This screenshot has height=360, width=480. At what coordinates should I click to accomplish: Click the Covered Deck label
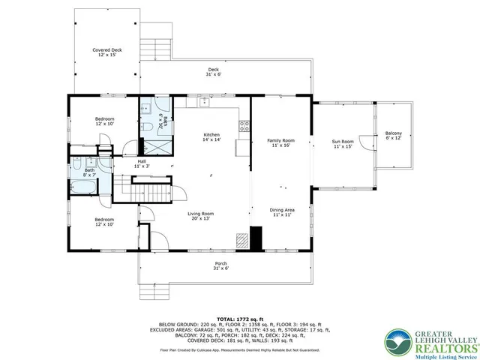coord(107,52)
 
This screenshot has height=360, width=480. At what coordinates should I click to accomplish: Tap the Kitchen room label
coord(212,138)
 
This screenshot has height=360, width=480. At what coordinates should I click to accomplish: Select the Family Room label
coord(281,142)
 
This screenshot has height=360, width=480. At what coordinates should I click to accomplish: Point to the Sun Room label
coord(342,142)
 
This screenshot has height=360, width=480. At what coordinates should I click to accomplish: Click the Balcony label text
coord(393,136)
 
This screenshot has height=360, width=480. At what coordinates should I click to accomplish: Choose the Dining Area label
coord(283,212)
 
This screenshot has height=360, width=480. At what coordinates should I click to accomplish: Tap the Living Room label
coord(200,216)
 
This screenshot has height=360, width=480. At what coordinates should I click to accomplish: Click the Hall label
coord(142,163)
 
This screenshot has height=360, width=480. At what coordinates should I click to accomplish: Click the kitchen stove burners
coord(243,126)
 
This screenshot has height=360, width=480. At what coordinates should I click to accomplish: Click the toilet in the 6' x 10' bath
coord(148,128)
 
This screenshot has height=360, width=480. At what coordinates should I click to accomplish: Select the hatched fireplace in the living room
coord(242,241)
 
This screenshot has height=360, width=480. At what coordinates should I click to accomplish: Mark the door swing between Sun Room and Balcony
coord(364,142)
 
